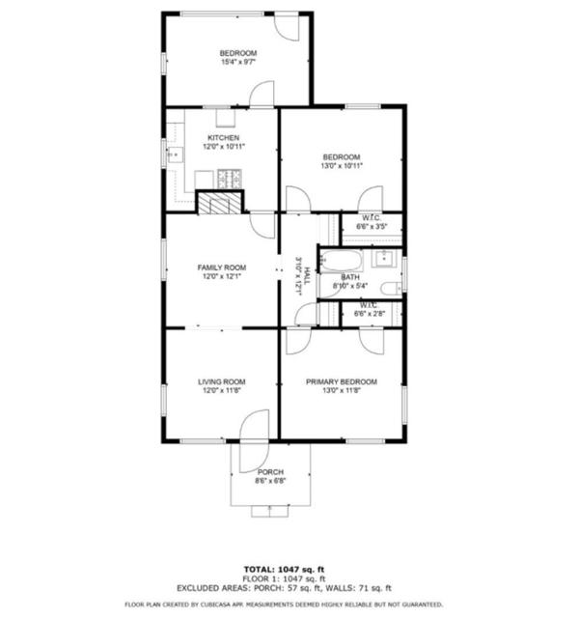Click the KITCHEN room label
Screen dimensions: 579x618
(x=223, y=138)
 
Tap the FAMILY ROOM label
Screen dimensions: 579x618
(x=222, y=267)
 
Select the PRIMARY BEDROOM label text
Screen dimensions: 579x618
(x=342, y=381)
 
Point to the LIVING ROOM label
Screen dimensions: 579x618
(x=222, y=381)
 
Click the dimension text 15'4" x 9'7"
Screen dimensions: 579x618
(x=238, y=62)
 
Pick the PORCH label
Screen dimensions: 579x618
(x=270, y=472)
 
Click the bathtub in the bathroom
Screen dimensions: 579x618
(x=341, y=260)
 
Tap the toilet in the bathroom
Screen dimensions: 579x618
(x=391, y=289)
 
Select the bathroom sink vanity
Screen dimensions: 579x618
(x=383, y=259)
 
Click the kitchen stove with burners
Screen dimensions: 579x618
(x=230, y=179)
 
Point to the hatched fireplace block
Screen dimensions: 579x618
(x=219, y=204)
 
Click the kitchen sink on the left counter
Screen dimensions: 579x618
(x=176, y=154)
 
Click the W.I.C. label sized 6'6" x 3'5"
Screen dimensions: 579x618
(x=372, y=222)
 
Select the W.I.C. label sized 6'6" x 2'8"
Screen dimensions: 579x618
(x=370, y=310)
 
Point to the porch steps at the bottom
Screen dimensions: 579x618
(x=270, y=511)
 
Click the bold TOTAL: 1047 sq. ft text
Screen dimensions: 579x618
(x=284, y=569)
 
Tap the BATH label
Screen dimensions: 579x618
(x=350, y=277)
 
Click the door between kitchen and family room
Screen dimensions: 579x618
(x=262, y=225)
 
